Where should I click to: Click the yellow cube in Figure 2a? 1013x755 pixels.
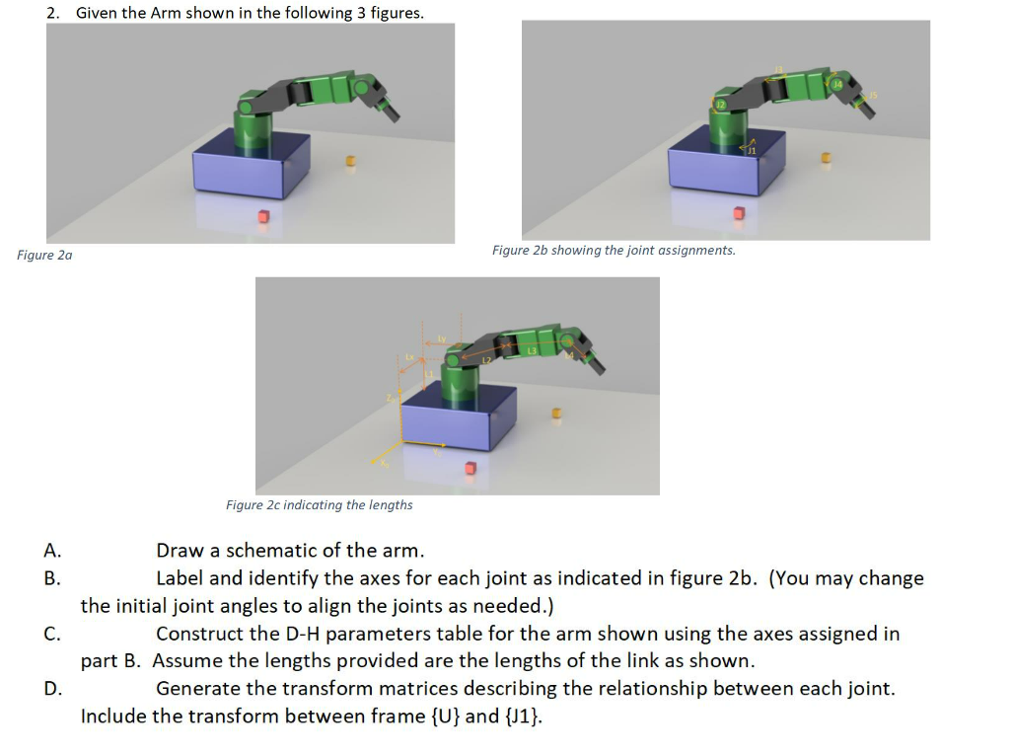[x=348, y=160]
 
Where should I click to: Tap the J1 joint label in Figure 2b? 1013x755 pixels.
[x=752, y=151]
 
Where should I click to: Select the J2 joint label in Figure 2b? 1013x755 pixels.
[x=721, y=104]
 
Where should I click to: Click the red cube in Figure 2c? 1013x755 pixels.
[x=470, y=467]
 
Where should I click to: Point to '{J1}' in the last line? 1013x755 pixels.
[x=522, y=716]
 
